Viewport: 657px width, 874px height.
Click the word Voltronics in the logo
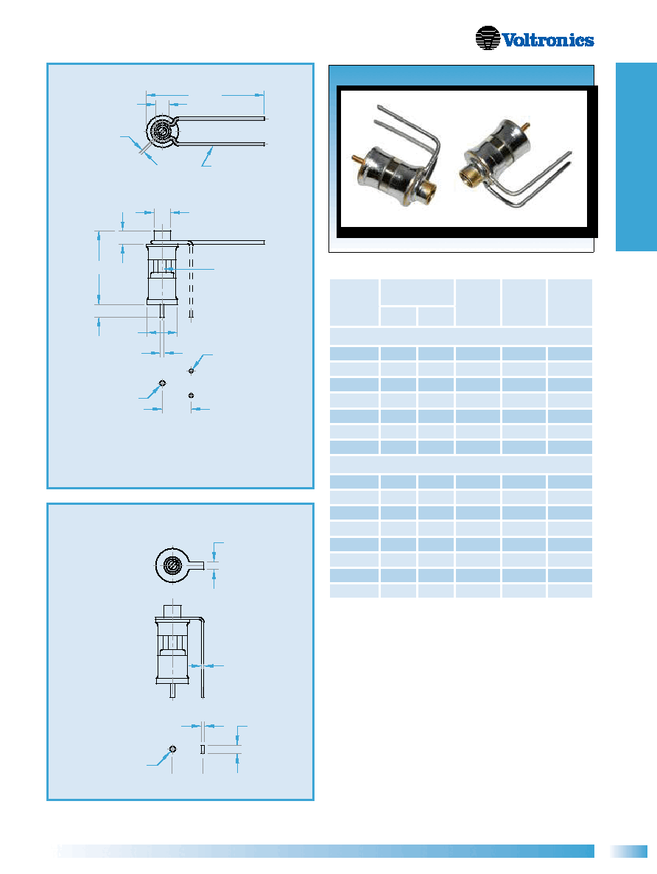click(x=548, y=40)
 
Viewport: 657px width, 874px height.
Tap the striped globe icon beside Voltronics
click(x=488, y=38)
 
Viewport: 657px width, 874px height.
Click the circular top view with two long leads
click(x=162, y=132)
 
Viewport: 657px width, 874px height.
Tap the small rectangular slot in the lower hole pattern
click(x=203, y=749)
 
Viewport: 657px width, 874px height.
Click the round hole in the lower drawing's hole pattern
click(x=172, y=749)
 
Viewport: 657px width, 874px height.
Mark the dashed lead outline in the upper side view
click(x=191, y=281)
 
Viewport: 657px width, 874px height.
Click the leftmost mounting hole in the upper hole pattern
click(x=162, y=383)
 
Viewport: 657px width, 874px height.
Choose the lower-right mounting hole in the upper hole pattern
click(x=192, y=395)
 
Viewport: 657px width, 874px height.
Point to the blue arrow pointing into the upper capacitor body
click(x=189, y=270)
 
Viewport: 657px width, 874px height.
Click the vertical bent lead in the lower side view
click(x=203, y=658)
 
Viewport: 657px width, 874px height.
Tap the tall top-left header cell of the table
click(x=354, y=303)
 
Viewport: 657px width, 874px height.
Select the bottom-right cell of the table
click(x=570, y=591)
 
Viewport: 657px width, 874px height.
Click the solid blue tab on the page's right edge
click(x=636, y=157)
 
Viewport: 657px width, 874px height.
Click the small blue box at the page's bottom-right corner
click(x=628, y=851)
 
